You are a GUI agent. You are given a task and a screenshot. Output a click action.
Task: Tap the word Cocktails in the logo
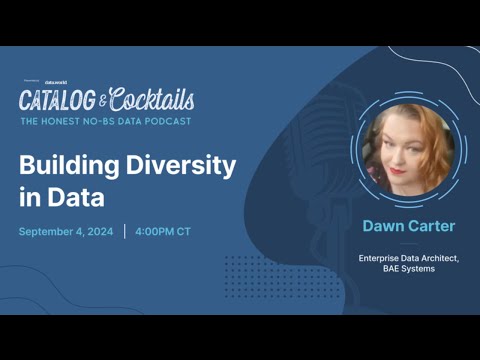click(152, 99)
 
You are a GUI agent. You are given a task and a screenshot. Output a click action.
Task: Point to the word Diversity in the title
click(180, 165)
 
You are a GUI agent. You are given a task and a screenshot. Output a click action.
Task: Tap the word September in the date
click(49, 232)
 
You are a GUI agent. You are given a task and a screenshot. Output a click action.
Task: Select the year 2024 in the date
click(100, 232)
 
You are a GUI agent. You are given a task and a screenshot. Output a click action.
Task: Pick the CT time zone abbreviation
click(184, 232)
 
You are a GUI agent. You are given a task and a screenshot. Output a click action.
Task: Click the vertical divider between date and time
click(125, 232)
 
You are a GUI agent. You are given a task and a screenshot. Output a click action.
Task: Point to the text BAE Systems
click(408, 269)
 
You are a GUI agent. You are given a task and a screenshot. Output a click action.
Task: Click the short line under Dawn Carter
click(408, 243)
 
